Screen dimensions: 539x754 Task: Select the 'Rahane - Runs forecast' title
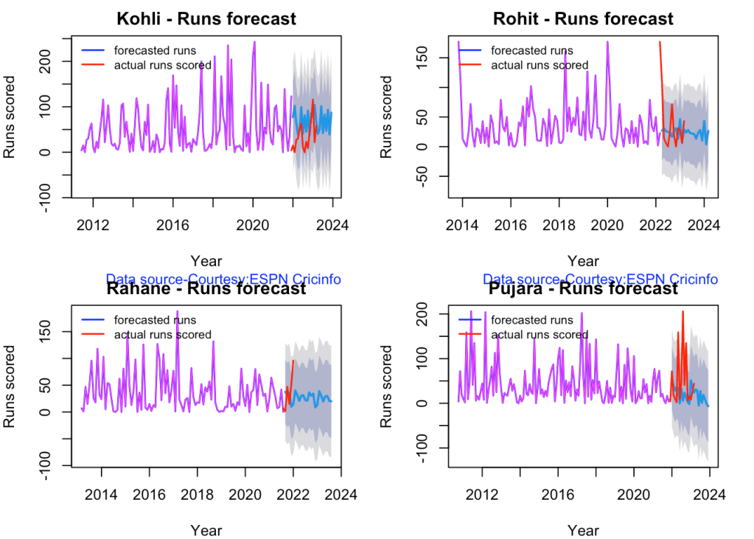[x=206, y=288]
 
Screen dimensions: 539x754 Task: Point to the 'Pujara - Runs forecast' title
[x=583, y=288]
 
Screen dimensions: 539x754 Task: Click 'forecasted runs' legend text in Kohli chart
[x=155, y=51]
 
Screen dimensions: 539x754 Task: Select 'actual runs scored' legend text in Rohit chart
[x=540, y=65]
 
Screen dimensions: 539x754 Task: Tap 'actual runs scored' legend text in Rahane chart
[x=163, y=335]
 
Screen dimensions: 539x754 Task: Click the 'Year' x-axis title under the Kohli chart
[x=206, y=260]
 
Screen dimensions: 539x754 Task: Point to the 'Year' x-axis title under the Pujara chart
[x=583, y=530]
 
